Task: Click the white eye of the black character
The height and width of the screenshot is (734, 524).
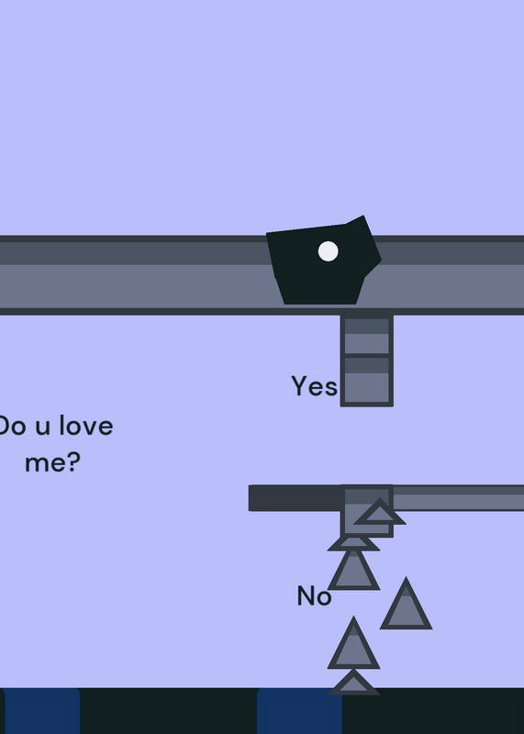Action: coord(328,251)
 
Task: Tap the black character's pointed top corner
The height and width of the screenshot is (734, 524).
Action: coord(362,216)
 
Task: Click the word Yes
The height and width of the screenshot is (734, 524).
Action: coord(314,386)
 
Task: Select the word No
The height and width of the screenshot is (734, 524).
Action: coord(314,595)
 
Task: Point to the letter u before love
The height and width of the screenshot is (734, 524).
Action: coord(42,428)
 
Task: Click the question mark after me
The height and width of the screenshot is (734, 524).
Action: coord(74,462)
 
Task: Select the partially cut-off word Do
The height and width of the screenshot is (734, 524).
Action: coord(13,426)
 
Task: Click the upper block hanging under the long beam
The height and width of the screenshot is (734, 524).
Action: coord(367,336)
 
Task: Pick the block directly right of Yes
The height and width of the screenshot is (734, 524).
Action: coord(367,381)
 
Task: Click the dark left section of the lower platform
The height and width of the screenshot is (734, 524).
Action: coord(295,498)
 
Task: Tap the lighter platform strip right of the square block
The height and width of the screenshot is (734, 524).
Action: coord(459,498)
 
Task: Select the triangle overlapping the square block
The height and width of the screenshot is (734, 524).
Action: coord(380,513)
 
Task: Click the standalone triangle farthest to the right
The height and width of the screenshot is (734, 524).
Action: coord(406,606)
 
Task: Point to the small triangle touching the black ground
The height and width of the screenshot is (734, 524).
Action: coord(353,684)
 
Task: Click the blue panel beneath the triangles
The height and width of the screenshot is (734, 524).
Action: coord(300,711)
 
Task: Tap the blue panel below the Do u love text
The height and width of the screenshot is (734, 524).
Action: coord(41,711)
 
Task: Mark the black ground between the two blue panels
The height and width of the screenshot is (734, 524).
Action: coord(169,711)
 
